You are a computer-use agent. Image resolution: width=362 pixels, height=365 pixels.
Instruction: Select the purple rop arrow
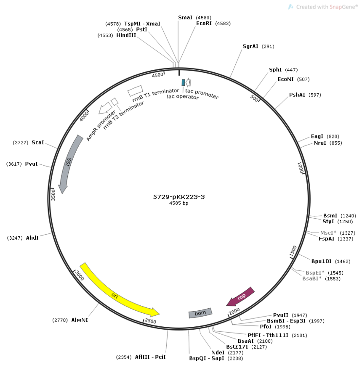point(241,297)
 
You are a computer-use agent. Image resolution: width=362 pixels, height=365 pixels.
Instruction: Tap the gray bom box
point(200,313)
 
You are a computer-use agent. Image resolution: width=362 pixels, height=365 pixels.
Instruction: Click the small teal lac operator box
point(184,82)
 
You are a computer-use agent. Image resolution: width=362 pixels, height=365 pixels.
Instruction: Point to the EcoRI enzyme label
point(204,23)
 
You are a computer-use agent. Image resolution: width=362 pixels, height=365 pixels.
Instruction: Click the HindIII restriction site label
point(126,35)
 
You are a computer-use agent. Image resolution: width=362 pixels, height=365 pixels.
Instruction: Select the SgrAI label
point(250,46)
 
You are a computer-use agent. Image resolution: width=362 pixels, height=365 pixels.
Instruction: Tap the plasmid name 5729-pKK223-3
point(178,197)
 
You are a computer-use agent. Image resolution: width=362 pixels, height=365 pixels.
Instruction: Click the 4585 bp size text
point(178,203)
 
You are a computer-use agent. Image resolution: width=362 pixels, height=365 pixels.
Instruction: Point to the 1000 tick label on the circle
point(301,168)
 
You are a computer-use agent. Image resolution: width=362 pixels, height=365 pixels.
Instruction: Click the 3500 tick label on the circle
point(53,195)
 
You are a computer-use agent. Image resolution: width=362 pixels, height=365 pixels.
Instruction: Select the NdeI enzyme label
point(218,352)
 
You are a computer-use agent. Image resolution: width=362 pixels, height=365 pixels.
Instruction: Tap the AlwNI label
point(80,320)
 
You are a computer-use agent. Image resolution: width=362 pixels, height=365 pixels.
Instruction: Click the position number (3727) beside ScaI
point(21,143)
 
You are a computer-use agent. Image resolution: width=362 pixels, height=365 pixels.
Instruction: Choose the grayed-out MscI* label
point(328,233)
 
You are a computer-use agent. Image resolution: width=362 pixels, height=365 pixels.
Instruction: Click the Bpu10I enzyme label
point(321,261)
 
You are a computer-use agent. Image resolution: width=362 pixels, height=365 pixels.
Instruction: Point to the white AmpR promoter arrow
point(105,108)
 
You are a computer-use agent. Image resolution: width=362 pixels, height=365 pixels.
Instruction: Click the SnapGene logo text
point(327,7)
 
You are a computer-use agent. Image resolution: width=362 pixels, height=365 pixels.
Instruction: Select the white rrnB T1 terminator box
point(135,91)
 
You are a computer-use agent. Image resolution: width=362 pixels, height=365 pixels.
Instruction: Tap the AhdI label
point(32,238)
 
